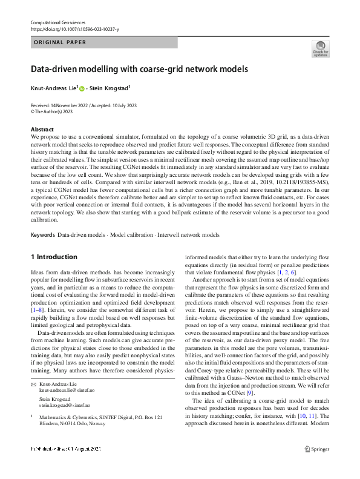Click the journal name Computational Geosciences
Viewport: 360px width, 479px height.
point(58,22)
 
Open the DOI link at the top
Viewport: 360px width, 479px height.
point(74,29)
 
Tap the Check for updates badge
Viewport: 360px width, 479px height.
point(319,49)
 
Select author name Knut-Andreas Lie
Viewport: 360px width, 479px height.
point(53,88)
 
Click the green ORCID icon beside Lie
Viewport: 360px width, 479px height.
point(82,89)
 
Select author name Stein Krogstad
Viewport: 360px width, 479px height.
point(110,88)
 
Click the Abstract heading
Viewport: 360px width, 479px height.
point(42,130)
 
